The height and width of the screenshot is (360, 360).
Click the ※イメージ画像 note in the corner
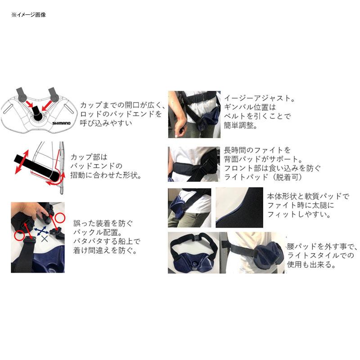28,15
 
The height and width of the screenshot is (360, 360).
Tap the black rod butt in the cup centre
37,117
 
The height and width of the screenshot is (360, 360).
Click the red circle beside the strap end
19,235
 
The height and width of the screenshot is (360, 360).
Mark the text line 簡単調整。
240,126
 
